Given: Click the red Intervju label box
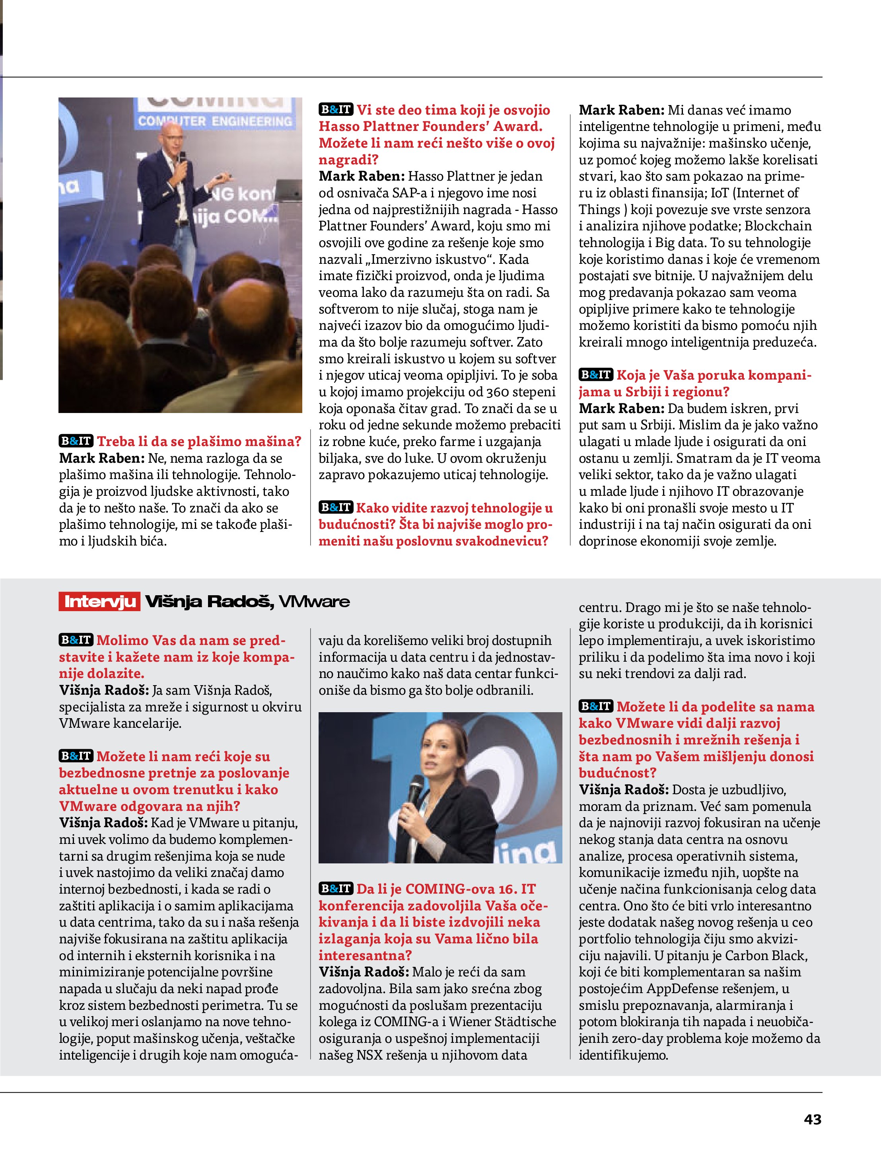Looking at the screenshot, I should point(99,601).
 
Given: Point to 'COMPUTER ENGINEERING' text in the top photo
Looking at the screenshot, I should point(214,121).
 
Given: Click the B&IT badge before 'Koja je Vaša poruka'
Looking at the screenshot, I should point(595,375).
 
